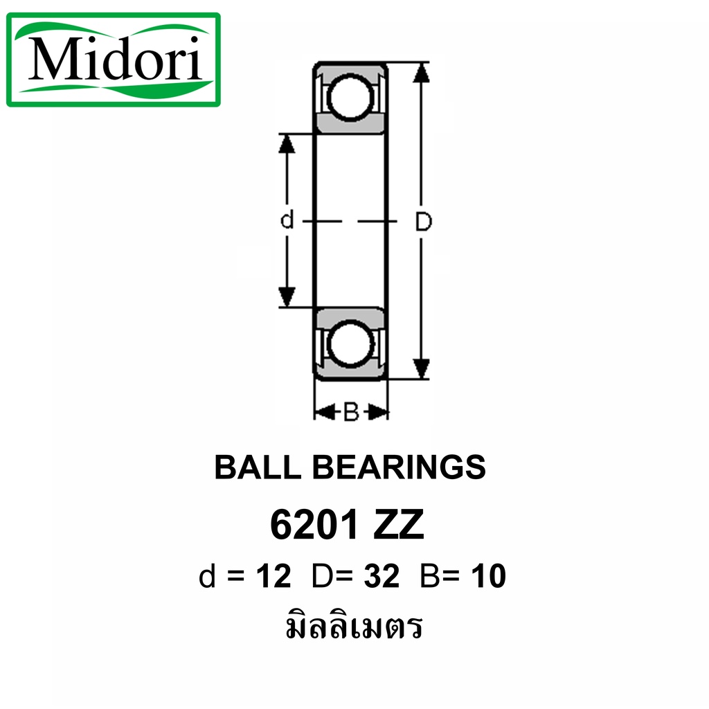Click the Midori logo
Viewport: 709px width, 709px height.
(x=114, y=60)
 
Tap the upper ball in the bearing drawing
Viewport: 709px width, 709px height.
(x=350, y=97)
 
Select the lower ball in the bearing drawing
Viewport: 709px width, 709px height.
(x=350, y=343)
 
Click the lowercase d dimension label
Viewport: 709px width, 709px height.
(x=287, y=219)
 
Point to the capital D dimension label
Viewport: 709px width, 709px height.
(x=423, y=222)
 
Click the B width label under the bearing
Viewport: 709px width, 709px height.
(x=351, y=412)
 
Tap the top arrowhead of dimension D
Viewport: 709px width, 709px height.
(x=422, y=72)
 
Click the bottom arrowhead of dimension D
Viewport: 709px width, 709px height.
(x=422, y=368)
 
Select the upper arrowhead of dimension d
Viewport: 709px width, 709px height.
(x=287, y=144)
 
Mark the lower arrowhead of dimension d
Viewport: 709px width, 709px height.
(x=287, y=297)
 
